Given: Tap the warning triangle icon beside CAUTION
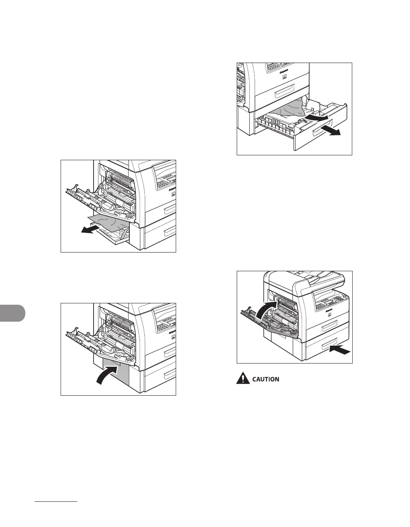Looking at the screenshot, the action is coord(243,379).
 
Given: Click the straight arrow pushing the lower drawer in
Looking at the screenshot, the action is coord(339,348).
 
